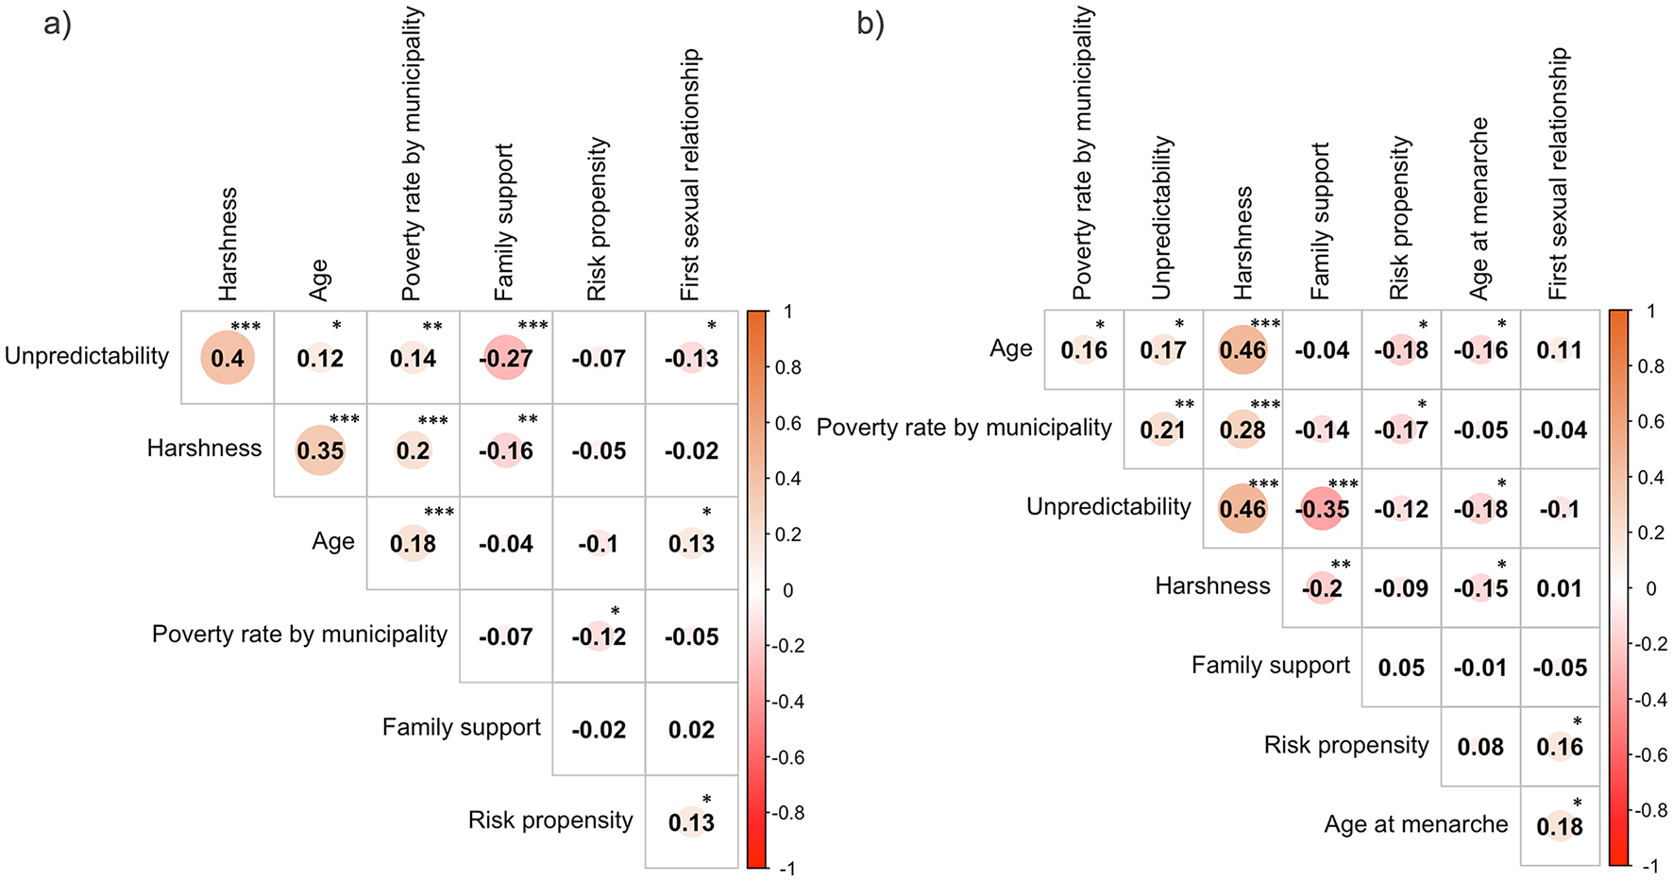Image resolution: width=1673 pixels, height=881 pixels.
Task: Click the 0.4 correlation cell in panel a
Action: (228, 358)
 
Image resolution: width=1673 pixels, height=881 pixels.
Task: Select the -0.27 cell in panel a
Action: (506, 358)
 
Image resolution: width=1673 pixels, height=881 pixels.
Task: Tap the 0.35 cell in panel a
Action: (320, 450)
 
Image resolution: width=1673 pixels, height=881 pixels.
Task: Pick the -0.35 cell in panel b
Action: (1322, 509)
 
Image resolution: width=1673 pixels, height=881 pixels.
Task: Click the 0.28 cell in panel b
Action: (1242, 430)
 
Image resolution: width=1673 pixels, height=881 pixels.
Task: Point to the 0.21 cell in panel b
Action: (1163, 430)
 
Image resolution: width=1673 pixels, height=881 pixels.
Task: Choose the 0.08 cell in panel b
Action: (1480, 747)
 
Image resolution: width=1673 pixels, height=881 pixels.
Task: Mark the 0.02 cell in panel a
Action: (691, 729)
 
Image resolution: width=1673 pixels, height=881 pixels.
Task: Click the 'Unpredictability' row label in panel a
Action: (87, 356)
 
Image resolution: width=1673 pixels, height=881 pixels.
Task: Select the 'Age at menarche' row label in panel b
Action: (1415, 824)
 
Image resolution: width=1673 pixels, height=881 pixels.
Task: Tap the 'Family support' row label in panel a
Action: (461, 727)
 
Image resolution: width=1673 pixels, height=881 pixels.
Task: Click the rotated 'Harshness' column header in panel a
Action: (228, 244)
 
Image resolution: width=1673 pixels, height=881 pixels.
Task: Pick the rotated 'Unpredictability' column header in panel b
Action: (1162, 217)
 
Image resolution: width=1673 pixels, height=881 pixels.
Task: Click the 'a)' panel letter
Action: (58, 24)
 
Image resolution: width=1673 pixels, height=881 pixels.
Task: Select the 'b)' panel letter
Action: (870, 24)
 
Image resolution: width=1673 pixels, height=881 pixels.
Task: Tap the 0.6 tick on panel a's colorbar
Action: (788, 423)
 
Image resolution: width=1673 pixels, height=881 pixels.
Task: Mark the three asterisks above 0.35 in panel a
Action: (344, 419)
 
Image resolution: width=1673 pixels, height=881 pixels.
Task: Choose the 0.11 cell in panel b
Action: (1559, 350)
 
